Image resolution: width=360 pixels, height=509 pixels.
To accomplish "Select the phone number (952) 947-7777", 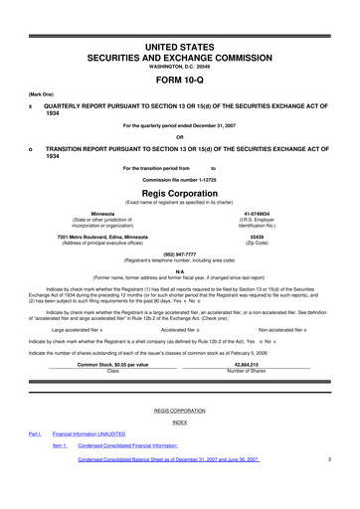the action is pyautogui.click(x=179, y=253).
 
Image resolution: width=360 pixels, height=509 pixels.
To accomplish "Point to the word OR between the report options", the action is pyautogui.click(x=179, y=136).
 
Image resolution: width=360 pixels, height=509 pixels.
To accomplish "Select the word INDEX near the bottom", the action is pyautogui.click(x=179, y=422).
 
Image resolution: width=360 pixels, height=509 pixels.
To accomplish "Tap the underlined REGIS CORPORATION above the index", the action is pyautogui.click(x=179, y=409).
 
